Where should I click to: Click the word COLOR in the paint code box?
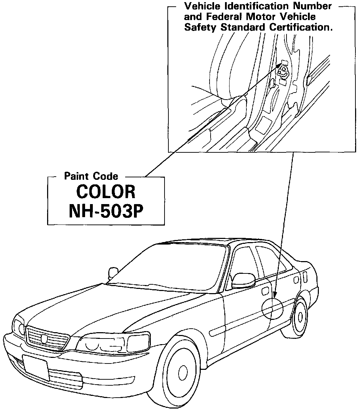(x=106, y=192)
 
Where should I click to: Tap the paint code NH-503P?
(x=106, y=212)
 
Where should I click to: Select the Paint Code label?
(x=91, y=176)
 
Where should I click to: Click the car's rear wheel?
(x=300, y=317)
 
